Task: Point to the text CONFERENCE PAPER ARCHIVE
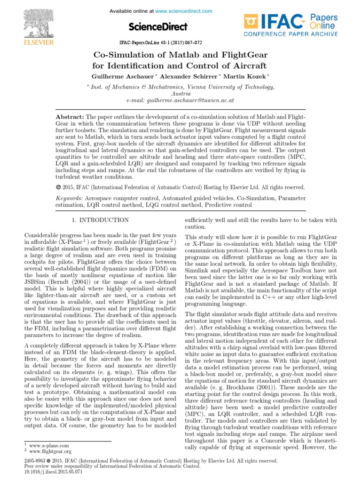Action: click(290, 34)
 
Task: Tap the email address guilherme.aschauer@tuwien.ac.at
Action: click(194, 100)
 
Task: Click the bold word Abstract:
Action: click(70, 116)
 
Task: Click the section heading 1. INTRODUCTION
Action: click(100, 220)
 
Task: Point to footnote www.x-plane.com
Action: click(49, 445)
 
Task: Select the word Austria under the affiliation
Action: click(181, 94)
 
